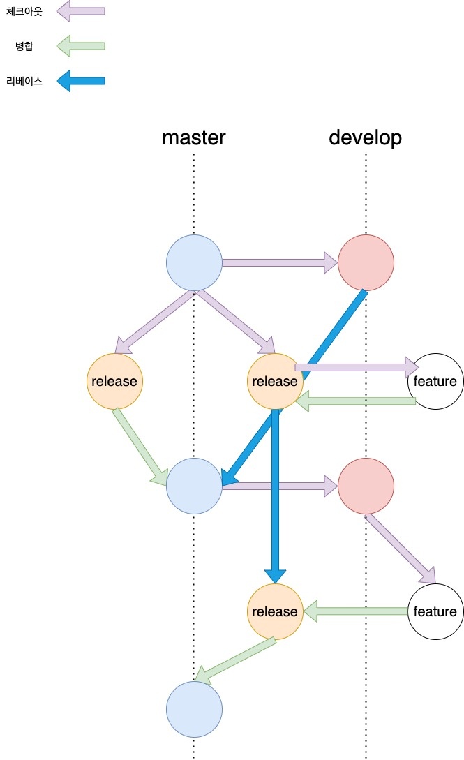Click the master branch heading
coord(194,137)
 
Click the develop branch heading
coord(365,137)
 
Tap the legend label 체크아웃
coord(24,11)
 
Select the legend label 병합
coord(24,47)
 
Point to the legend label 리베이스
coord(24,81)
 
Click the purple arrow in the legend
coord(80,11)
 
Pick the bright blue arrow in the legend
coord(80,81)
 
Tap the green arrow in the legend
coord(80,47)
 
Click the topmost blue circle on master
coord(194,263)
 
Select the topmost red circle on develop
coord(366,263)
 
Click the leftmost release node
coord(114,381)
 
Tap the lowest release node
coord(275,611)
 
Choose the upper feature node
coord(435,381)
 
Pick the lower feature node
coord(435,611)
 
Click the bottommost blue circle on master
coord(194,709)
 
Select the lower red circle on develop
coord(366,486)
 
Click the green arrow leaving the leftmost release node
coord(140,447)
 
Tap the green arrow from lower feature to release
coord(355,611)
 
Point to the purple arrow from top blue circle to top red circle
coord(279,263)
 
